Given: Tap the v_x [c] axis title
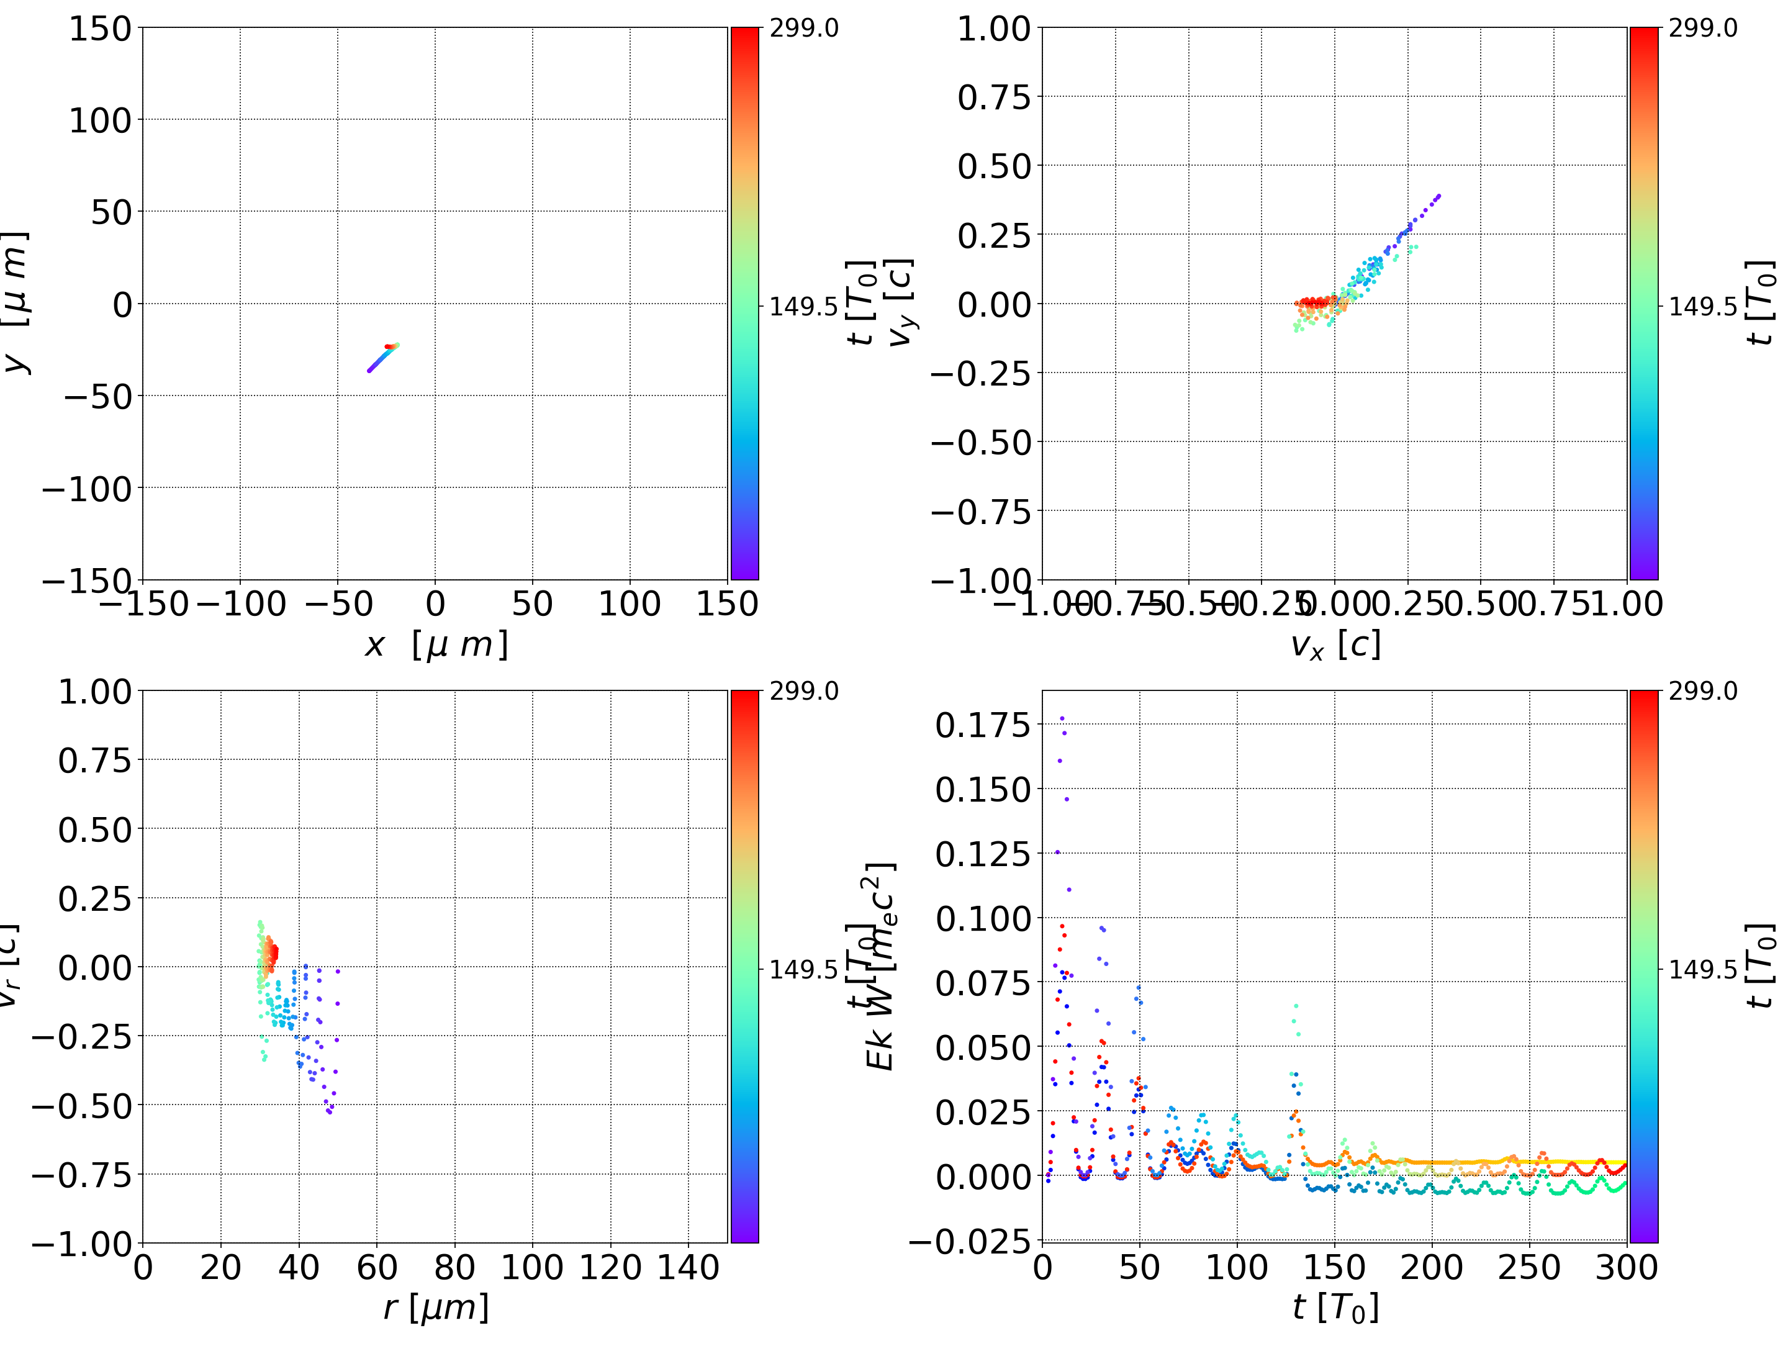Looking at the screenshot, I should click(x=1335, y=645).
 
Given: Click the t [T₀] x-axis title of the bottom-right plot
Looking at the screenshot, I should click(x=1335, y=1308).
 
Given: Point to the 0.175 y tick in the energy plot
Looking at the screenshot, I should click(x=982, y=725).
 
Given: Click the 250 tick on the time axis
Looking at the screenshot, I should click(x=1528, y=1267).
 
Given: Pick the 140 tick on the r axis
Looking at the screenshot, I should click(x=688, y=1267).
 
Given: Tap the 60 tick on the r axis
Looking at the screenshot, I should click(x=377, y=1267).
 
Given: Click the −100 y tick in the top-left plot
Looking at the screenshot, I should click(x=86, y=489).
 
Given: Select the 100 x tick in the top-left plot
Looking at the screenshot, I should click(x=630, y=604).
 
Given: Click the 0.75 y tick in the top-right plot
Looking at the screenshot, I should click(x=994, y=97).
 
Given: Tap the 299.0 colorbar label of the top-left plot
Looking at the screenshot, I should click(x=803, y=29).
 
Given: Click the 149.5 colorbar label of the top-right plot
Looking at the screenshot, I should click(x=1702, y=307).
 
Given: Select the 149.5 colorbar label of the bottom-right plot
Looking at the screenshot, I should click(x=1702, y=969).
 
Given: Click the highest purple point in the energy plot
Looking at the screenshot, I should click(x=1062, y=718).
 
